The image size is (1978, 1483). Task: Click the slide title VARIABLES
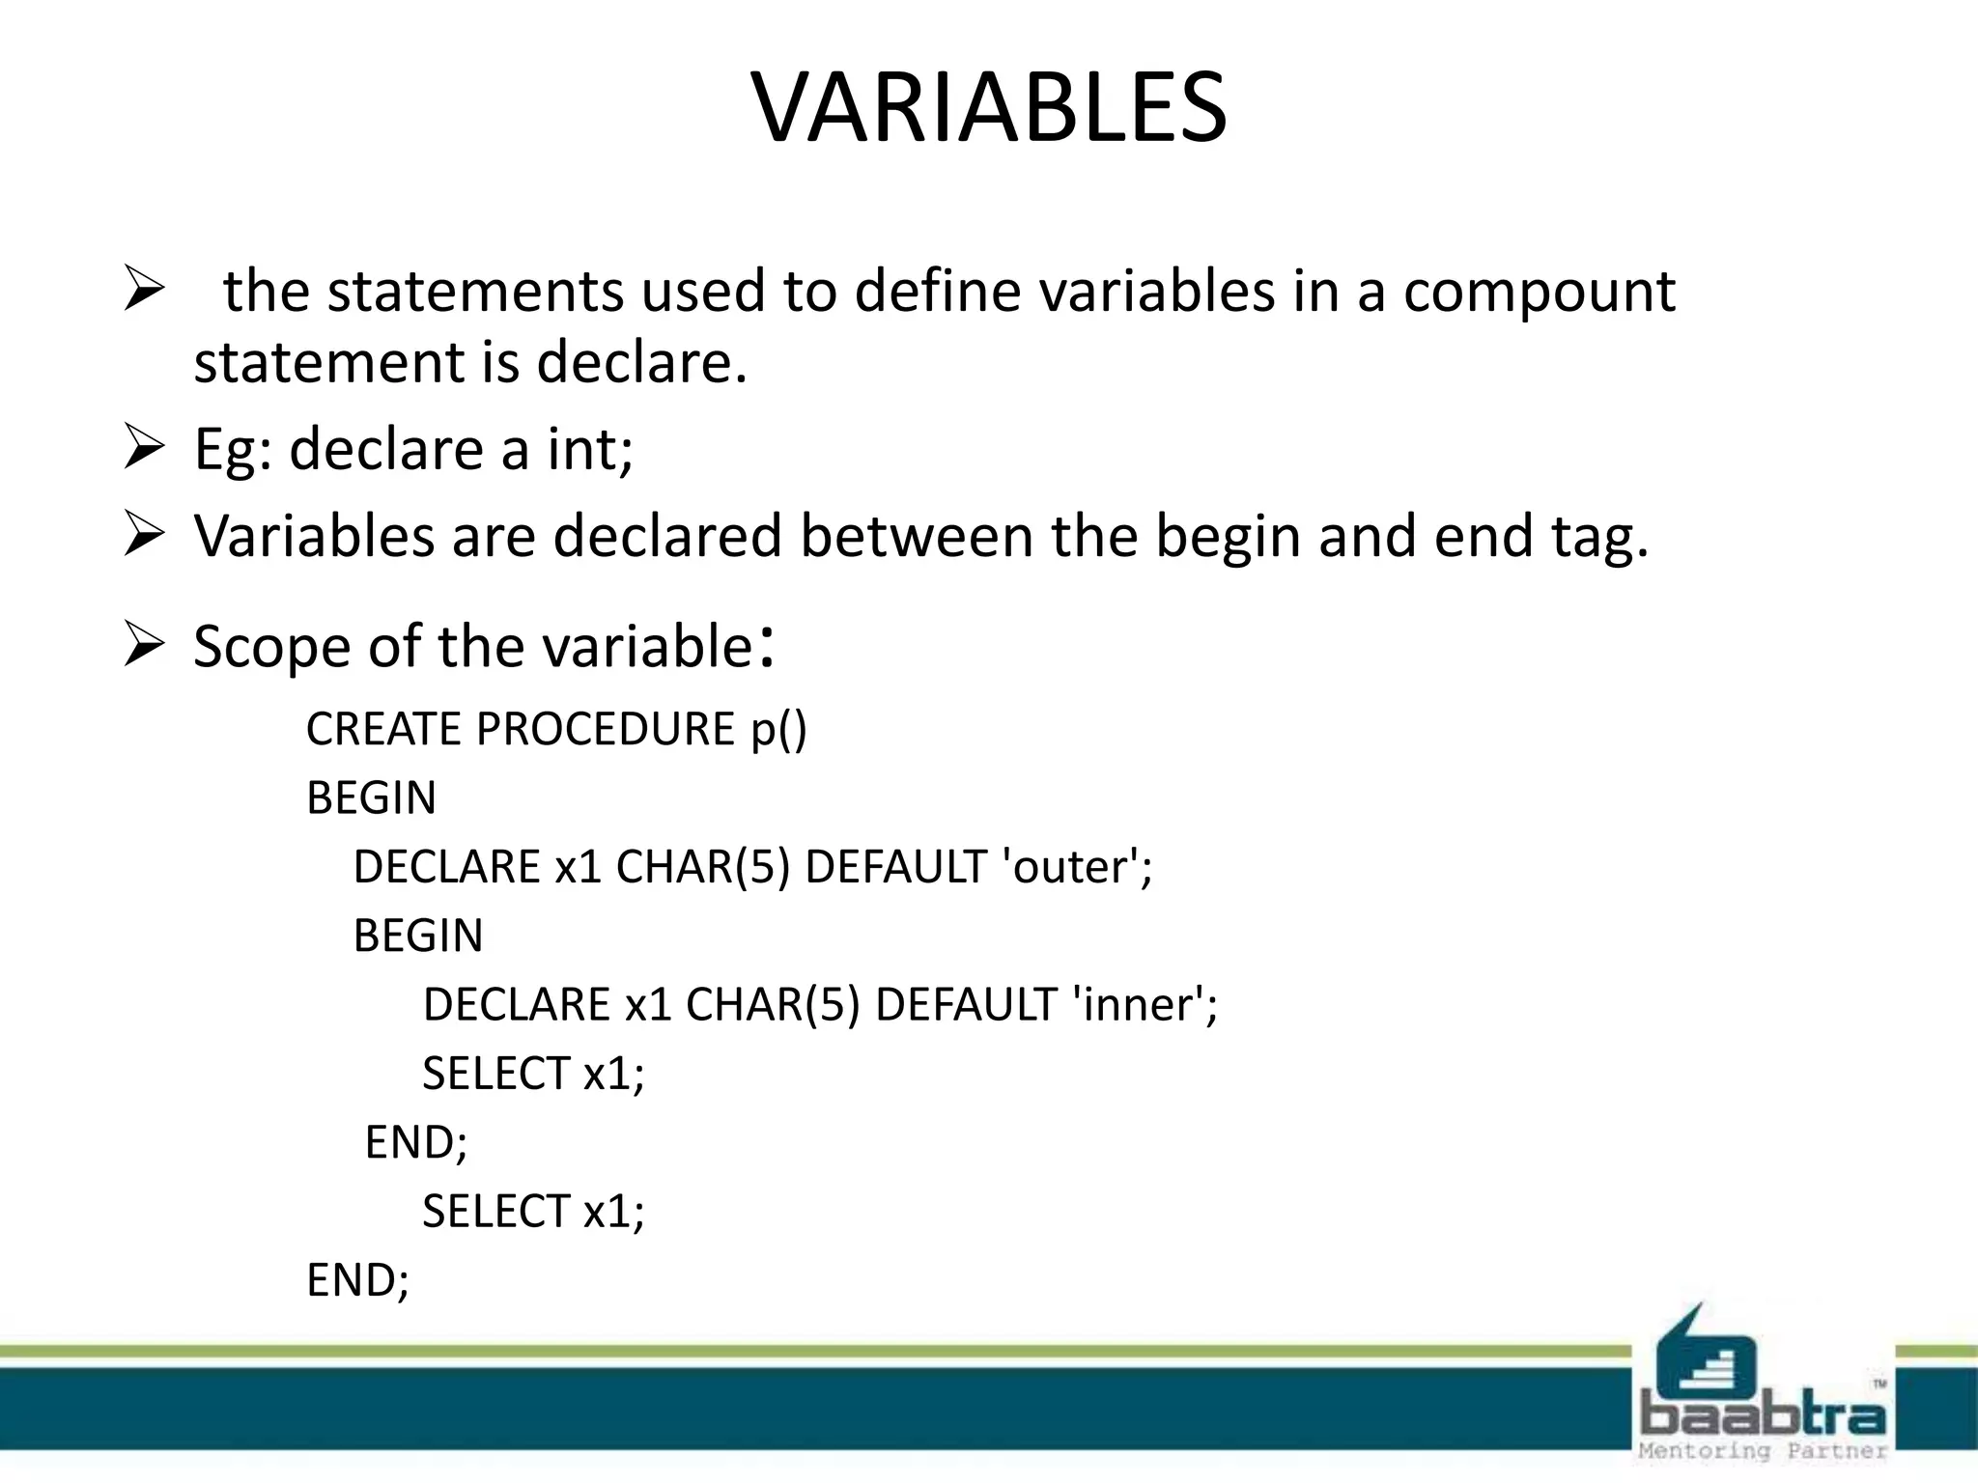pos(989,108)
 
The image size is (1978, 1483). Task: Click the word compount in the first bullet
pos(1539,291)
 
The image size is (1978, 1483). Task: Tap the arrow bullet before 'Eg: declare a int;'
pos(143,449)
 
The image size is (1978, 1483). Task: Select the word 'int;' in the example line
pos(590,449)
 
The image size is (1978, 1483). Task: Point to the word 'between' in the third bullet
pos(917,536)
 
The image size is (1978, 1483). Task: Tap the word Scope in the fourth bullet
pos(271,646)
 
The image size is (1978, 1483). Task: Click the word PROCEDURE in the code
pos(605,729)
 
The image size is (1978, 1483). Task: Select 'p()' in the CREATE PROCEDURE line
pos(778,729)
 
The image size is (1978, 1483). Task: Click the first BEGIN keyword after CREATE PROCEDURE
pos(371,798)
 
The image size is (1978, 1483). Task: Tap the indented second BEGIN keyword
pos(417,936)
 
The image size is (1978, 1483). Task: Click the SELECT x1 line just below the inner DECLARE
pos(532,1074)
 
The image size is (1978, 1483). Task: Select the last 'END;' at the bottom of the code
pos(357,1280)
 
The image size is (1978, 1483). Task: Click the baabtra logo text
pos(1762,1416)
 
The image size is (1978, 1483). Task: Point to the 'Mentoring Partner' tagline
pos(1762,1451)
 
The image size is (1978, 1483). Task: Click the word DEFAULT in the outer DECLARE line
pos(894,867)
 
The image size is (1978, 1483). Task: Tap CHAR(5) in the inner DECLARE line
pos(772,1005)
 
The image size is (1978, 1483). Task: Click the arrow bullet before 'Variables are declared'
pos(143,536)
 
